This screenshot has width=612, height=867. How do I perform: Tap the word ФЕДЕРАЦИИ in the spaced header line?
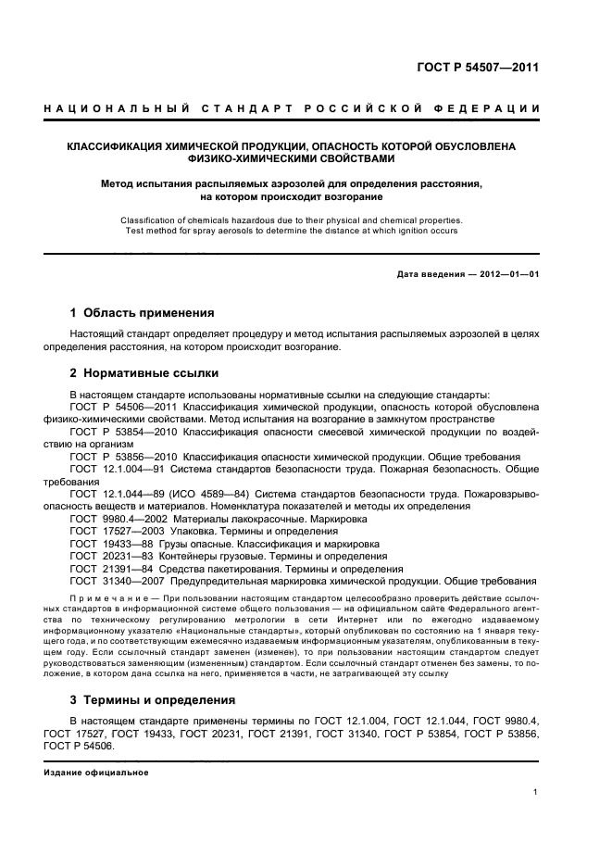[502, 109]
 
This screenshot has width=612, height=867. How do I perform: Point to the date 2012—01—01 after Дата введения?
[507, 275]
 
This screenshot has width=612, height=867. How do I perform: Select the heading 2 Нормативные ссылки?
[144, 373]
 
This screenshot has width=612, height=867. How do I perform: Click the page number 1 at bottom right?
[535, 792]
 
